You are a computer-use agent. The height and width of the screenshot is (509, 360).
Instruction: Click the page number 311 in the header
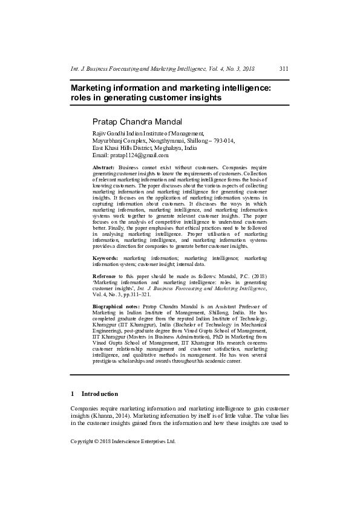[x=283, y=69]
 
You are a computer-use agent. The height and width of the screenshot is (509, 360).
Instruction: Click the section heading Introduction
[x=100, y=394]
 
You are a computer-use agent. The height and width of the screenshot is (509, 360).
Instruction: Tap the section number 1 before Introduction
[x=73, y=394]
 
